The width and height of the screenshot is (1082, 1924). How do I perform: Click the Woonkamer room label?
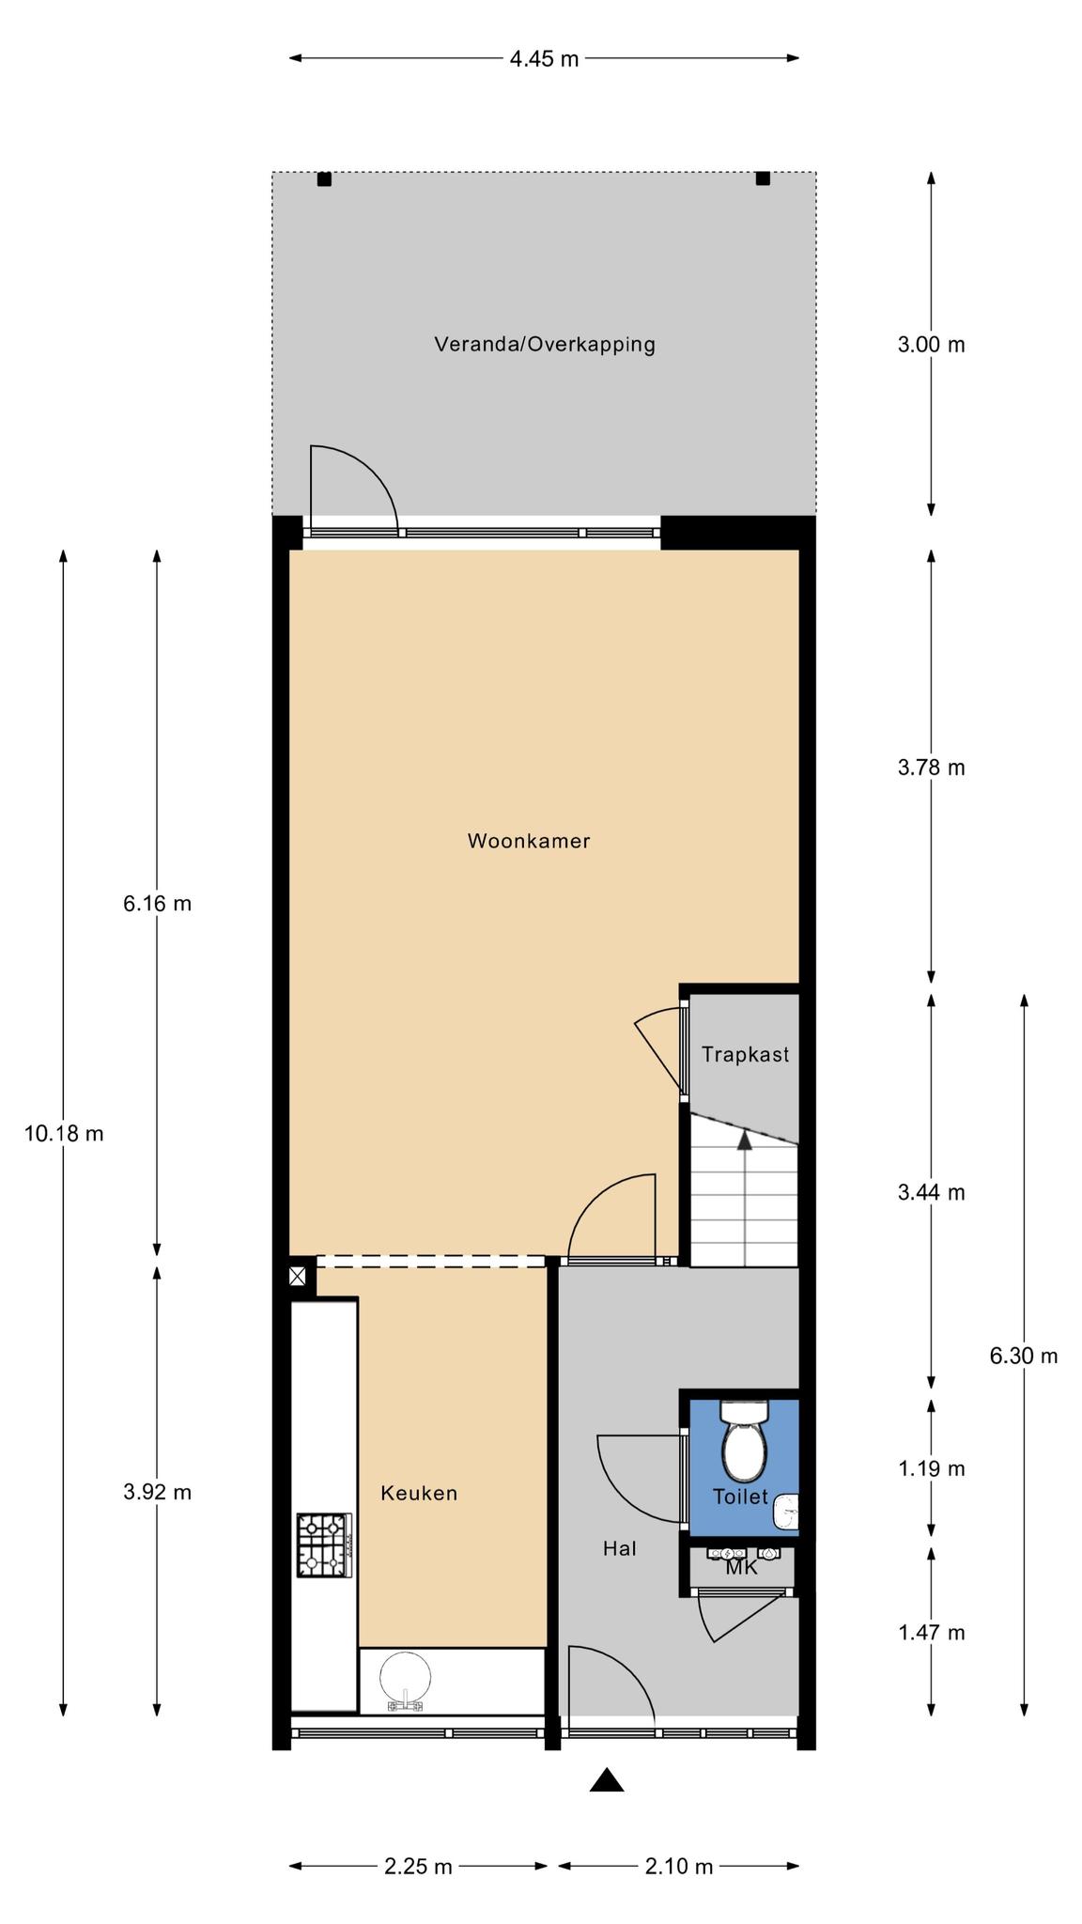coord(529,841)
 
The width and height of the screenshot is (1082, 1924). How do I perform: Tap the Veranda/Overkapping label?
coord(545,344)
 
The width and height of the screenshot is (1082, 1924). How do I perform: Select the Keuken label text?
coord(419,1493)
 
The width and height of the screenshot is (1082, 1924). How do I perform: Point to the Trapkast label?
coord(746,1054)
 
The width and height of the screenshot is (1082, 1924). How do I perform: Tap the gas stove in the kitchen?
coord(324,1544)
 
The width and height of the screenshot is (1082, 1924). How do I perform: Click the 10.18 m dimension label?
coord(64,1134)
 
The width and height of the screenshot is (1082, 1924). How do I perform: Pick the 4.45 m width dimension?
coord(545,59)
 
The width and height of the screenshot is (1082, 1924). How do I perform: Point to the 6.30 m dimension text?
coord(1024,1356)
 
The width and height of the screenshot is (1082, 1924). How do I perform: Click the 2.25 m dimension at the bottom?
coord(418,1866)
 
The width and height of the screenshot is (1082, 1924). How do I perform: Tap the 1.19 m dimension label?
coord(932,1468)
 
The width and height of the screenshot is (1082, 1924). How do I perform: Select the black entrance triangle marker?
coord(607,1780)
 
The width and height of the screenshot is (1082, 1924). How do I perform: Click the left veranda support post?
coord(324,178)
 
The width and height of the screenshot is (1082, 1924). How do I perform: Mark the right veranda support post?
coord(763,178)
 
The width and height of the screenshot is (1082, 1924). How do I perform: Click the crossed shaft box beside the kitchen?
coord(297,1276)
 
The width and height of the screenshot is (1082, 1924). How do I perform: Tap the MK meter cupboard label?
coord(741,1567)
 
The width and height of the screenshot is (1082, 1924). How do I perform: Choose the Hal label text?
coord(620,1548)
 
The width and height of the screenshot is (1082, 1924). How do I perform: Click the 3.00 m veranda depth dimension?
coord(932,345)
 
